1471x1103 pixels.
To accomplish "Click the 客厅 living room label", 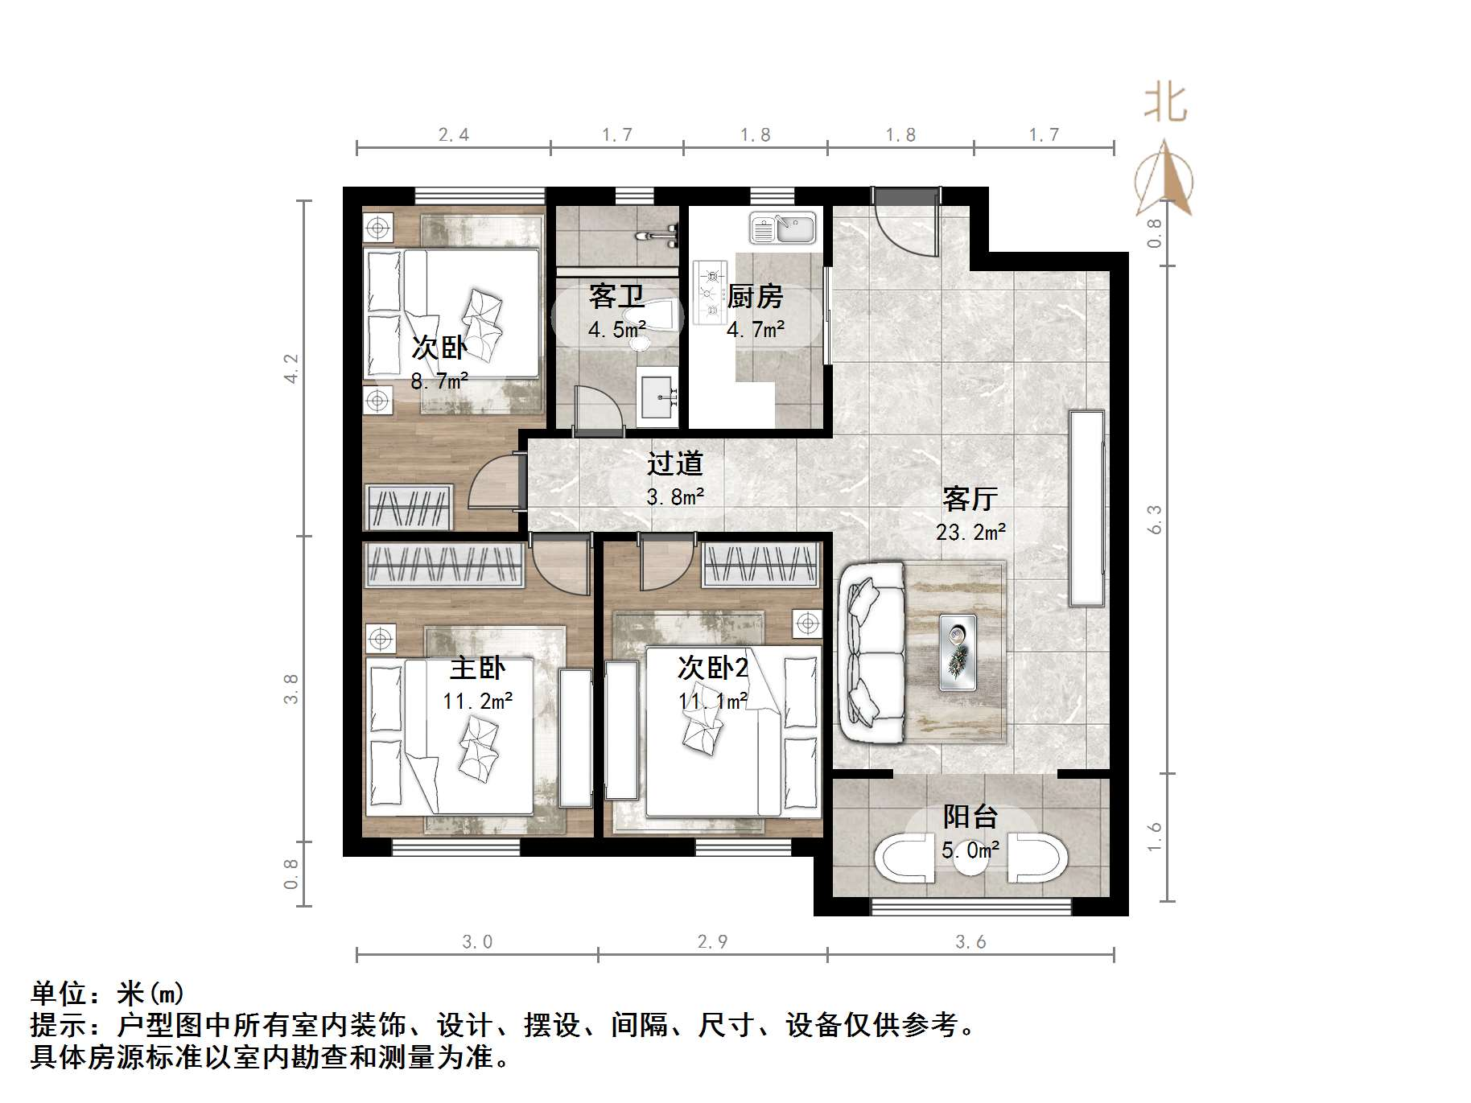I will coord(970,500).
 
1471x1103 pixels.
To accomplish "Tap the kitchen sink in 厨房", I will coord(782,228).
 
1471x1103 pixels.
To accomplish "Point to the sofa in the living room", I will coord(869,652).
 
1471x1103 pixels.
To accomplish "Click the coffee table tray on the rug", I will coord(958,652).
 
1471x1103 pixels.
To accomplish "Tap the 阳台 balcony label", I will coord(970,817).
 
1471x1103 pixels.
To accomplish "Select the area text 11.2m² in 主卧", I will coord(477,702).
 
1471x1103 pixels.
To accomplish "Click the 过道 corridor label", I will coord(674,463).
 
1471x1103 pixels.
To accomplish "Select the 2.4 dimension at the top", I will coord(453,134).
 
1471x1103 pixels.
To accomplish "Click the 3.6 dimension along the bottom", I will coord(970,941).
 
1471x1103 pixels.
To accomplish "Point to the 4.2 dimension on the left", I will coord(290,368).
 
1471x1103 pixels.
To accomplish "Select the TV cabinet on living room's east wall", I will coord(1086,508).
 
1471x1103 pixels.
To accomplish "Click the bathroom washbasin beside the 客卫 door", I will coord(658,396).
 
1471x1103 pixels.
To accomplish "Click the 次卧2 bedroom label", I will coord(713,668).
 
